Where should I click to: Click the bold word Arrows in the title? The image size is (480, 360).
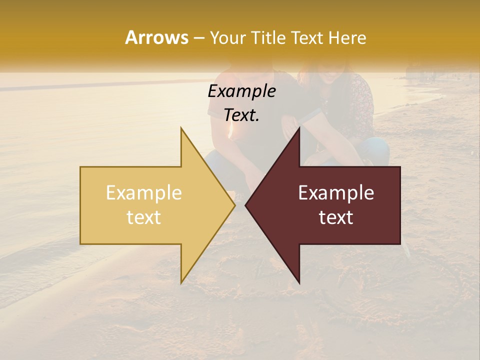(156, 37)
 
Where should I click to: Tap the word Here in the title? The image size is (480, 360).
(347, 37)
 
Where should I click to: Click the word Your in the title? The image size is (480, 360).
(227, 38)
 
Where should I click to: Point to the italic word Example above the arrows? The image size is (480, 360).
(241, 91)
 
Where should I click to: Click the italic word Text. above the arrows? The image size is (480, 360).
(241, 115)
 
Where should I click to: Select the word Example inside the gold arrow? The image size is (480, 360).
(144, 193)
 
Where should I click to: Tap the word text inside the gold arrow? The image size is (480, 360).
(144, 217)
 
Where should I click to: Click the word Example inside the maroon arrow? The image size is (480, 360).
(336, 193)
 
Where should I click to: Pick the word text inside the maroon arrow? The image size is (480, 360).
(336, 217)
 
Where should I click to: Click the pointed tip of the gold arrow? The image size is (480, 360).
(235, 205)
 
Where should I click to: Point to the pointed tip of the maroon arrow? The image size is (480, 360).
(245, 205)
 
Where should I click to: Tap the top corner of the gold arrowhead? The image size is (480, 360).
(181, 128)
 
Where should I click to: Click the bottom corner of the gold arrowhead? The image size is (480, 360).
(181, 283)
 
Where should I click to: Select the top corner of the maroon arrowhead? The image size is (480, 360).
(299, 128)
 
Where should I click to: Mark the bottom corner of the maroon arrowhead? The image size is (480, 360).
(299, 283)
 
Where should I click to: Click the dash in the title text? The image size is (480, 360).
(198, 38)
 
